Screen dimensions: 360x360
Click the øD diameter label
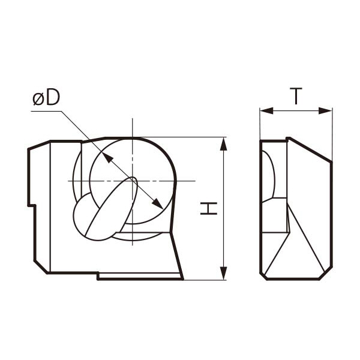tap(46, 97)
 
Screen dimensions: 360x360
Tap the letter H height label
tap(209, 208)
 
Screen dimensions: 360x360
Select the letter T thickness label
tap(296, 96)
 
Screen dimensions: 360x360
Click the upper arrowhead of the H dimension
tap(223, 144)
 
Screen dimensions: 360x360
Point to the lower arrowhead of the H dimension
tap(223, 273)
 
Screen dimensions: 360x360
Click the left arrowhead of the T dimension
tap(266, 111)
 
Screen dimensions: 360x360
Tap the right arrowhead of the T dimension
tap(325, 111)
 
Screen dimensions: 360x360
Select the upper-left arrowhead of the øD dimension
tap(107, 158)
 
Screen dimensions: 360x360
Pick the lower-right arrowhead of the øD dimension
tap(157, 203)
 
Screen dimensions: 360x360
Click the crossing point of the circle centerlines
tap(132, 181)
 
